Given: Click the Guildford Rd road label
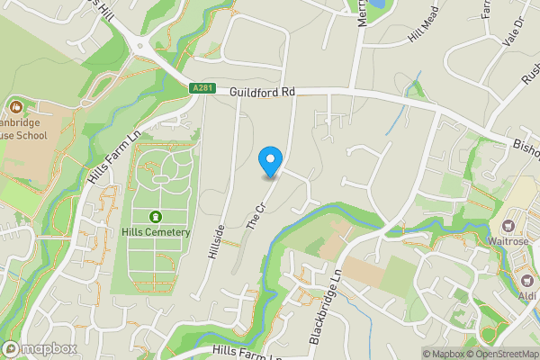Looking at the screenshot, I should coord(262,92).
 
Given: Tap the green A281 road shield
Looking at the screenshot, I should coord(202,88).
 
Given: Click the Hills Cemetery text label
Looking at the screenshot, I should coord(156,232).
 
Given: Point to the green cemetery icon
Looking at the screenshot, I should coord(156,216).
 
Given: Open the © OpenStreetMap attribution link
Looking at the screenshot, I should coord(502,354).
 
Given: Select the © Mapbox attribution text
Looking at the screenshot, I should coord(443,354).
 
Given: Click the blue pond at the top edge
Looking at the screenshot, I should coord(375,5).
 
